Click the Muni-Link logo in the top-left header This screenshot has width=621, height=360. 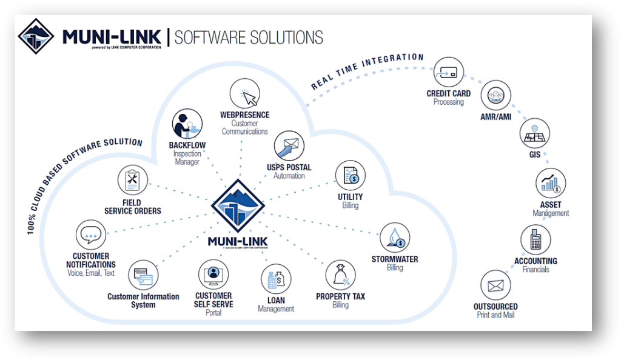36,36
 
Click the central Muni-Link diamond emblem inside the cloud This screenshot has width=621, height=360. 238,205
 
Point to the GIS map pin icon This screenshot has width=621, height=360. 534,133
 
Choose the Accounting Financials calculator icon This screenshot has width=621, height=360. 535,240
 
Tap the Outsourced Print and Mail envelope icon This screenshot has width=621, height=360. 495,285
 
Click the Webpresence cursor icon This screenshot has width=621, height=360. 245,95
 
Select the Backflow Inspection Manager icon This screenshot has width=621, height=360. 187,124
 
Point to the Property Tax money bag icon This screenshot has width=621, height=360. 340,276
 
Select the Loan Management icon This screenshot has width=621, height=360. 276,279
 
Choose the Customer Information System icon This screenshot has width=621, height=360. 143,275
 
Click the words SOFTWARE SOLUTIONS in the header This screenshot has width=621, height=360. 249,37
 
